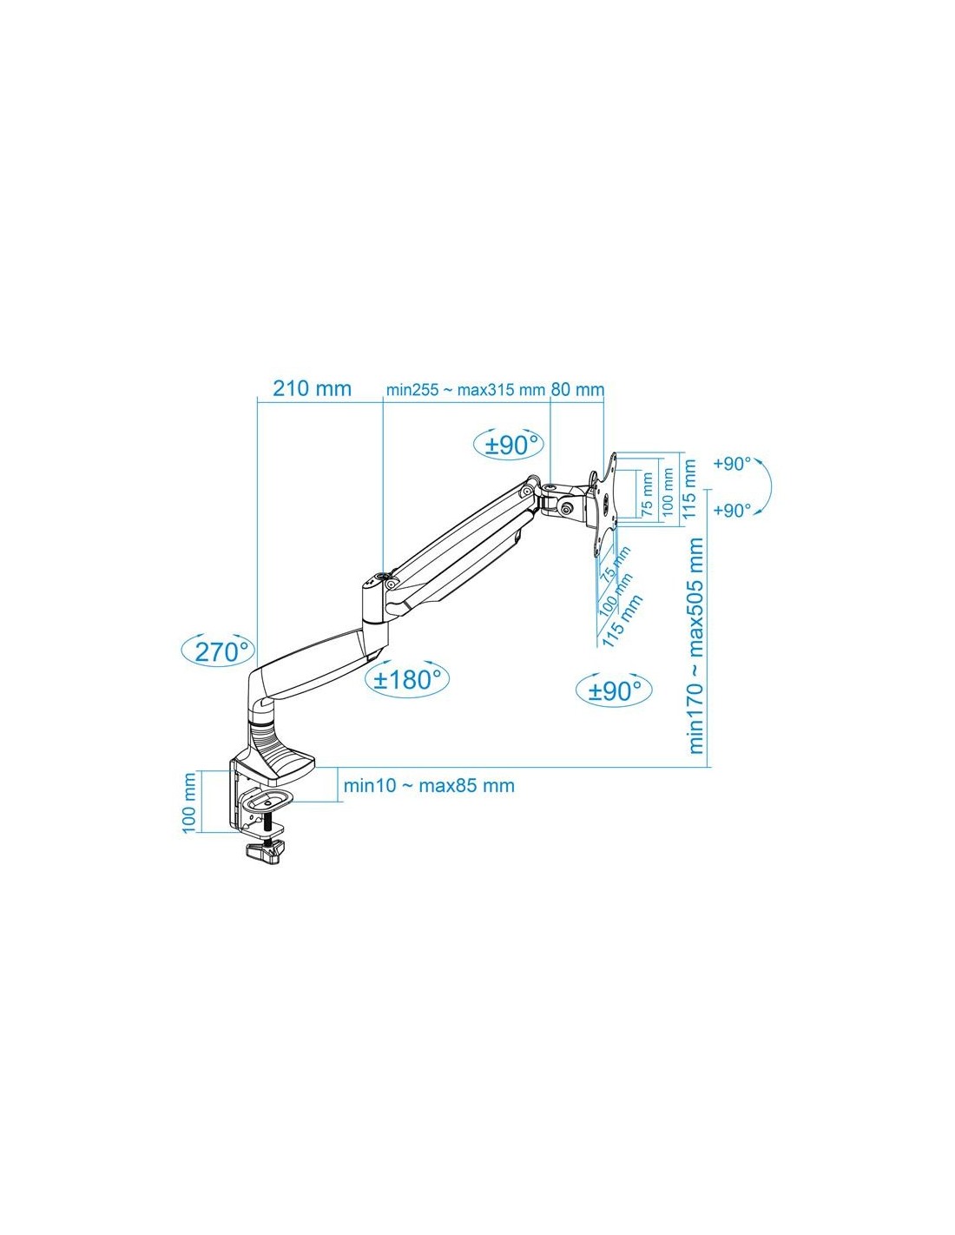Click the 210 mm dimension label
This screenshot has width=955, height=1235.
pyautogui.click(x=312, y=389)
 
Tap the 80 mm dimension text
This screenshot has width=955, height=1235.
pyautogui.click(x=577, y=390)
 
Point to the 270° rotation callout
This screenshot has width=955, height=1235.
pyautogui.click(x=218, y=650)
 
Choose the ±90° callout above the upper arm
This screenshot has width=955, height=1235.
pyautogui.click(x=509, y=445)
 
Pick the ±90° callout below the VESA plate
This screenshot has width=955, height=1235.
pyautogui.click(x=614, y=690)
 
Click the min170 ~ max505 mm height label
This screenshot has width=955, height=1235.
pyautogui.click(x=696, y=645)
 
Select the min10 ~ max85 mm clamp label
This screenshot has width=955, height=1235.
pyautogui.click(x=429, y=785)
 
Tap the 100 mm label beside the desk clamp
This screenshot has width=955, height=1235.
pyautogui.click(x=189, y=802)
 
